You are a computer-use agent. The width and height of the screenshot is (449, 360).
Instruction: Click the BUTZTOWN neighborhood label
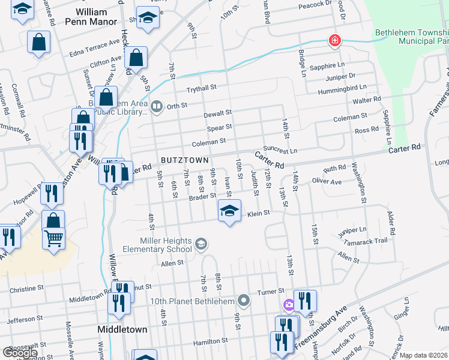(x=185, y=160)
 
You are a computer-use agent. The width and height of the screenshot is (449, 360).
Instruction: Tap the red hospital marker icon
(x=334, y=41)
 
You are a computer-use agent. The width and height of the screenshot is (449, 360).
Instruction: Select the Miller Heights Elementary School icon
(x=201, y=244)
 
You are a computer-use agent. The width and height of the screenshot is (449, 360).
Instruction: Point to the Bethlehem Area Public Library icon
(x=157, y=106)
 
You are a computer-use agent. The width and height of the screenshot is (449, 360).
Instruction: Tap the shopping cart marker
(x=53, y=239)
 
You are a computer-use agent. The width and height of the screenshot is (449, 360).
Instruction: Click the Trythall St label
(x=200, y=88)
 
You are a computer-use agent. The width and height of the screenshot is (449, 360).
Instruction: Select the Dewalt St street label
(x=217, y=113)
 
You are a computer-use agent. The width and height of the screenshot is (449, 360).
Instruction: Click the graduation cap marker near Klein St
(x=228, y=211)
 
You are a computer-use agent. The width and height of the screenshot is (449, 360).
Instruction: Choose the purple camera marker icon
(x=289, y=305)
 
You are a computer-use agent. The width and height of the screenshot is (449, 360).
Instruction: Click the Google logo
(x=20, y=353)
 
